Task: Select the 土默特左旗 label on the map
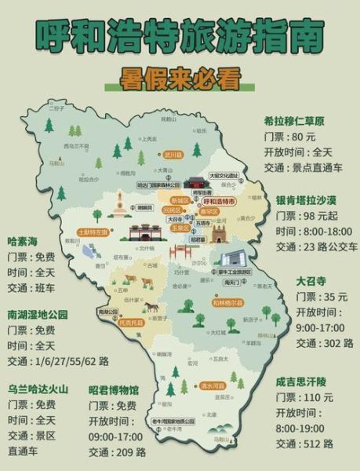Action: [93, 233]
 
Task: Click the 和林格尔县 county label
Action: [227, 301]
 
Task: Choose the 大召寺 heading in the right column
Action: [311, 280]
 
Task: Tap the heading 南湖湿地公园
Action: [38, 314]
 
